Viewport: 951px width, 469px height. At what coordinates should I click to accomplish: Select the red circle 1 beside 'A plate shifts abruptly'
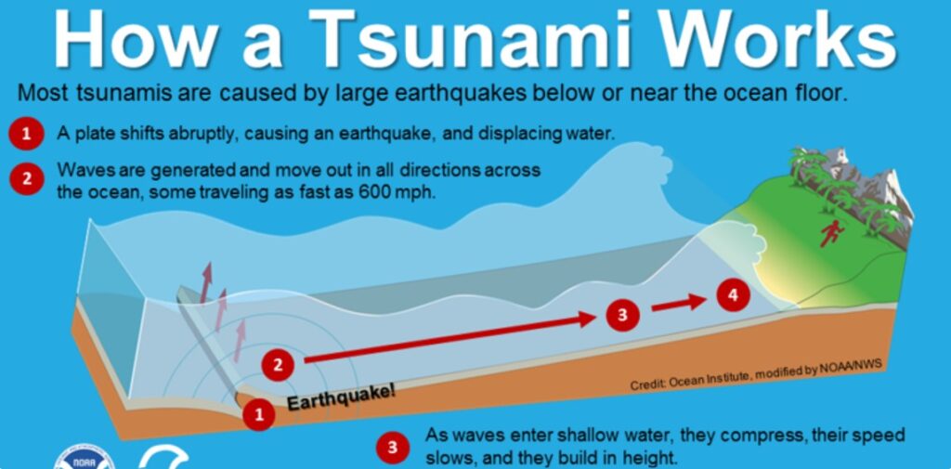[26, 134]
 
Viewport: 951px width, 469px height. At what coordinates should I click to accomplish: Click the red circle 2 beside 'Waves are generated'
[26, 178]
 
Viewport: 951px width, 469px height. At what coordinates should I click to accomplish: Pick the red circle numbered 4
[734, 295]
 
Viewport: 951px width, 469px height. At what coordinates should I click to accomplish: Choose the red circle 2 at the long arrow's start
[278, 365]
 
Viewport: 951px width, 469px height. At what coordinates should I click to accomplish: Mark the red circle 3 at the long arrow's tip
[622, 315]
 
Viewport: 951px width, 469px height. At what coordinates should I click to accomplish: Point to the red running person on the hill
[831, 233]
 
